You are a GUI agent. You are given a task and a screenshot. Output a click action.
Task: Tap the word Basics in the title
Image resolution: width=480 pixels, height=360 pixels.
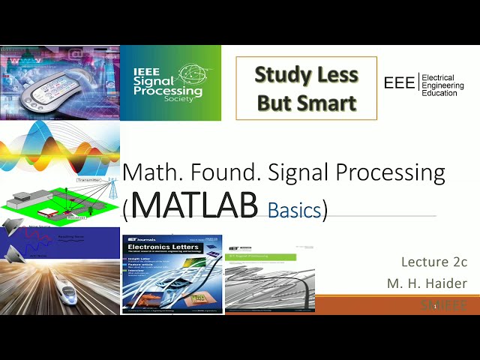click(x=294, y=210)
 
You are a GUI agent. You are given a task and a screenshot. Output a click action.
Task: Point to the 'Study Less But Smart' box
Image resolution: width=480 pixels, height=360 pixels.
click(x=306, y=88)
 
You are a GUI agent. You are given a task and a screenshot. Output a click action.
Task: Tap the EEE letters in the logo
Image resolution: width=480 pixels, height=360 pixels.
click(x=399, y=83)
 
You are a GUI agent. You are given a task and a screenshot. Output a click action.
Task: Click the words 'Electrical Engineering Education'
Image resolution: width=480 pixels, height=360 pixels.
click(x=442, y=84)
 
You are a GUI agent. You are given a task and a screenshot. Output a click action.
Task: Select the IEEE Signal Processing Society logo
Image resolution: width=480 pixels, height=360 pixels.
click(x=170, y=82)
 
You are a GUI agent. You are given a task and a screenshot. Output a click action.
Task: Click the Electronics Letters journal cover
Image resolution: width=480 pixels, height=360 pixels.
click(x=172, y=274)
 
